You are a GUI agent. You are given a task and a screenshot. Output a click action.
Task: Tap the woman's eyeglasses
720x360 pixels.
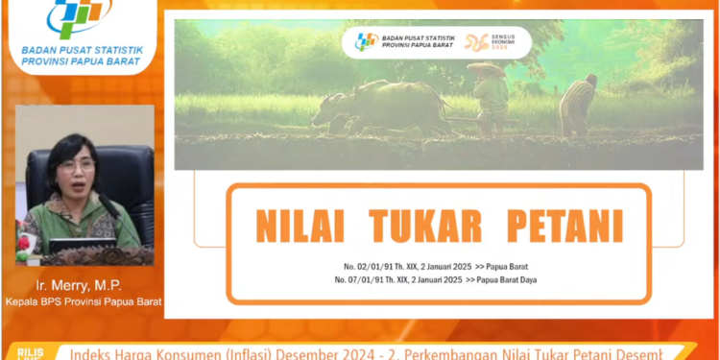coord(76,165)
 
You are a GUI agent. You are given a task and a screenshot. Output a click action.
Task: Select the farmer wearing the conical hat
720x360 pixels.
coord(490,96)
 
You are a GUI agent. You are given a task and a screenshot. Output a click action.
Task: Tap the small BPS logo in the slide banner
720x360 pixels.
coord(367,42)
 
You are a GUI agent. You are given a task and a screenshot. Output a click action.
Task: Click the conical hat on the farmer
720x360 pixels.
coord(487,69)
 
